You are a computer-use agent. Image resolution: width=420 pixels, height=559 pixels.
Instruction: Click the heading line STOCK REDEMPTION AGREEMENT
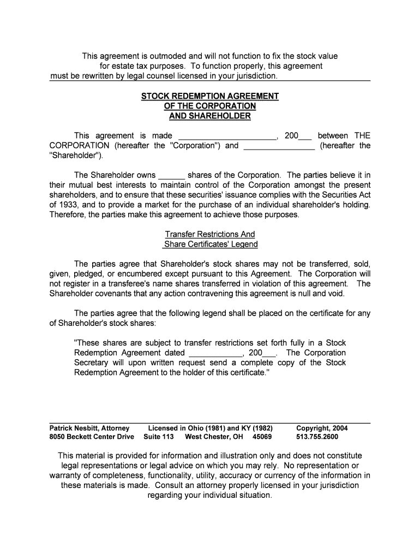(x=210, y=96)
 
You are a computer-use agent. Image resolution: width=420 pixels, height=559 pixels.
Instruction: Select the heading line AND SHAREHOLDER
(x=210, y=116)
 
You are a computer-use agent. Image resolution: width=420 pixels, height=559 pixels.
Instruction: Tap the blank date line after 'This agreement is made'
(x=227, y=136)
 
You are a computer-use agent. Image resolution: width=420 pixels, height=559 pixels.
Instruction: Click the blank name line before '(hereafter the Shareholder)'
(x=279, y=146)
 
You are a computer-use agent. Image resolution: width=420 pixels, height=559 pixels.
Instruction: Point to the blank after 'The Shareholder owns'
(x=172, y=175)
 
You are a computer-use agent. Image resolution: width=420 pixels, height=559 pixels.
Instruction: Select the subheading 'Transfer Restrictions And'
(x=210, y=234)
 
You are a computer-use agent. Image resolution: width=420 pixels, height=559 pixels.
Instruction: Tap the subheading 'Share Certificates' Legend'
(x=210, y=244)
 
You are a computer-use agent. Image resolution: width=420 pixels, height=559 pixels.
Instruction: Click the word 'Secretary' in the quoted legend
(x=91, y=362)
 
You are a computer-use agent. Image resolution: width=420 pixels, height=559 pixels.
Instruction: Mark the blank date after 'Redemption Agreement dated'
(x=215, y=353)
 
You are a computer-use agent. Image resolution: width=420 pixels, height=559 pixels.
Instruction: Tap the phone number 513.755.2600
(x=317, y=437)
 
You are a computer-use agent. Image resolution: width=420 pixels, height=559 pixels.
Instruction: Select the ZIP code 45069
(x=262, y=437)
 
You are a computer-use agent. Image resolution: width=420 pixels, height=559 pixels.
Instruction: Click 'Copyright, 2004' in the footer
(x=322, y=428)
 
